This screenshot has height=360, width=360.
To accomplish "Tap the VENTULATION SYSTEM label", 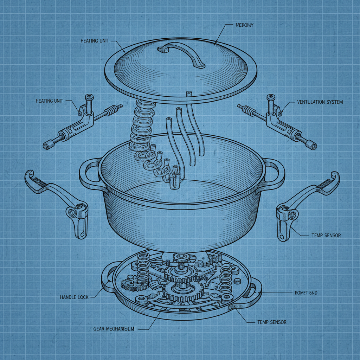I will [x=320, y=102].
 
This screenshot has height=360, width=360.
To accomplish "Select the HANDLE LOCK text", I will [x=74, y=297].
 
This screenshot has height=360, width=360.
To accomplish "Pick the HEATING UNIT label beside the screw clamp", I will [x=50, y=101].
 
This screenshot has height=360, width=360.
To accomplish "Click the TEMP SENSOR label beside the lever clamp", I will [x=326, y=235].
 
